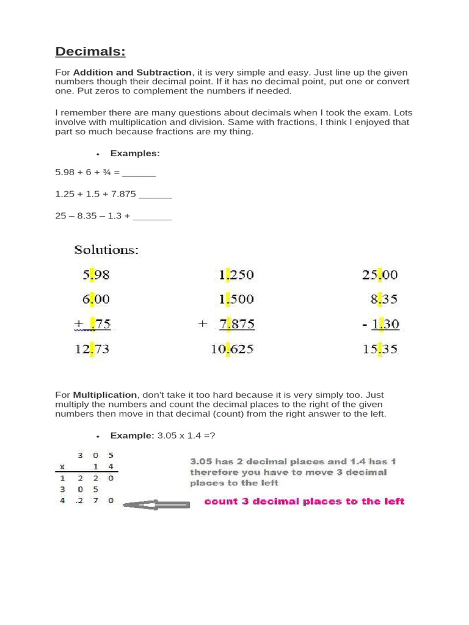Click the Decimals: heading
pyautogui.click(x=90, y=51)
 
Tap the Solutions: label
pyautogui.click(x=106, y=250)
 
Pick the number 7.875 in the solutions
pyautogui.click(x=236, y=324)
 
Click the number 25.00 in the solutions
pyautogui.click(x=379, y=275)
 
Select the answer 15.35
pyautogui.click(x=379, y=349)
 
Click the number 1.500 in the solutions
pyautogui.click(x=236, y=300)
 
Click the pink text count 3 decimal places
pyautogui.click(x=304, y=502)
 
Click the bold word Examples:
pyautogui.click(x=135, y=153)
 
